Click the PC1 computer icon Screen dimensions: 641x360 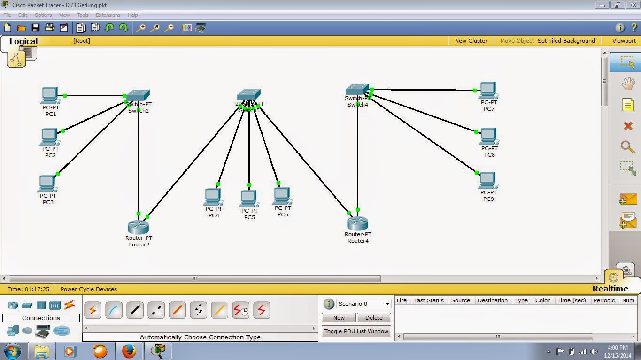pos(50,95)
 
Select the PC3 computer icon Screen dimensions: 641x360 pos(47,184)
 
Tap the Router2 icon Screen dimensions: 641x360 pos(138,227)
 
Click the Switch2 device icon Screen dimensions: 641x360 pos(138,95)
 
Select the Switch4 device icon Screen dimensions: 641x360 pos(357,90)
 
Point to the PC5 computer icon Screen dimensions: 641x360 pos(249,199)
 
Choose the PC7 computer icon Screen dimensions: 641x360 pos(488,90)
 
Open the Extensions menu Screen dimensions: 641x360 pos(108,15)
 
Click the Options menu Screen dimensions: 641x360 pos(43,15)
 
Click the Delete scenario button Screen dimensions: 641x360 pos(374,318)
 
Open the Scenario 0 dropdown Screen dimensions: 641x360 pos(364,304)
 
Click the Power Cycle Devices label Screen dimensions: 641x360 pos(89,289)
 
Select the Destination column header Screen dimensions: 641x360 pos(492,300)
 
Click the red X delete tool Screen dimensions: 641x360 pos(628,126)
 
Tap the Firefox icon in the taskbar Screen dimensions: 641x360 pos(129,351)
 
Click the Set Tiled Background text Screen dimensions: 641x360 pos(566,41)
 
